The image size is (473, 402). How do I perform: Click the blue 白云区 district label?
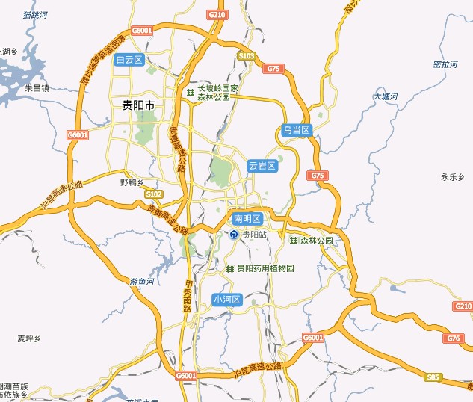(129, 60)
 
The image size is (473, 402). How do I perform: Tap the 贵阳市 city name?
(138, 106)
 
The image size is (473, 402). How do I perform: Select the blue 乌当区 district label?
(296, 130)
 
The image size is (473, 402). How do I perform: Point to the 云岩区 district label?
(262, 165)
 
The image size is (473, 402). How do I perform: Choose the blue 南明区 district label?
(247, 219)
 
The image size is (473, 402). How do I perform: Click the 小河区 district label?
(227, 300)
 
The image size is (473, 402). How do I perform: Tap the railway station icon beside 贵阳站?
(234, 235)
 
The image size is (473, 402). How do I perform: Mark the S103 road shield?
(247, 56)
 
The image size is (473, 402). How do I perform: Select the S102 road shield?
(153, 194)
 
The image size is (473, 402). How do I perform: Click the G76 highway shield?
(454, 338)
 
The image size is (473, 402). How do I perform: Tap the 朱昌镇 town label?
(37, 87)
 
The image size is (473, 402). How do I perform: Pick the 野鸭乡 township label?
(132, 182)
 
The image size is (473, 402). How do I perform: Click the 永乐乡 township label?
(453, 177)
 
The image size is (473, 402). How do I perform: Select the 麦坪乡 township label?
(28, 338)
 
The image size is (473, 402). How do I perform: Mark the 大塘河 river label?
(386, 96)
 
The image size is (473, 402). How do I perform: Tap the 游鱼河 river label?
(141, 282)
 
